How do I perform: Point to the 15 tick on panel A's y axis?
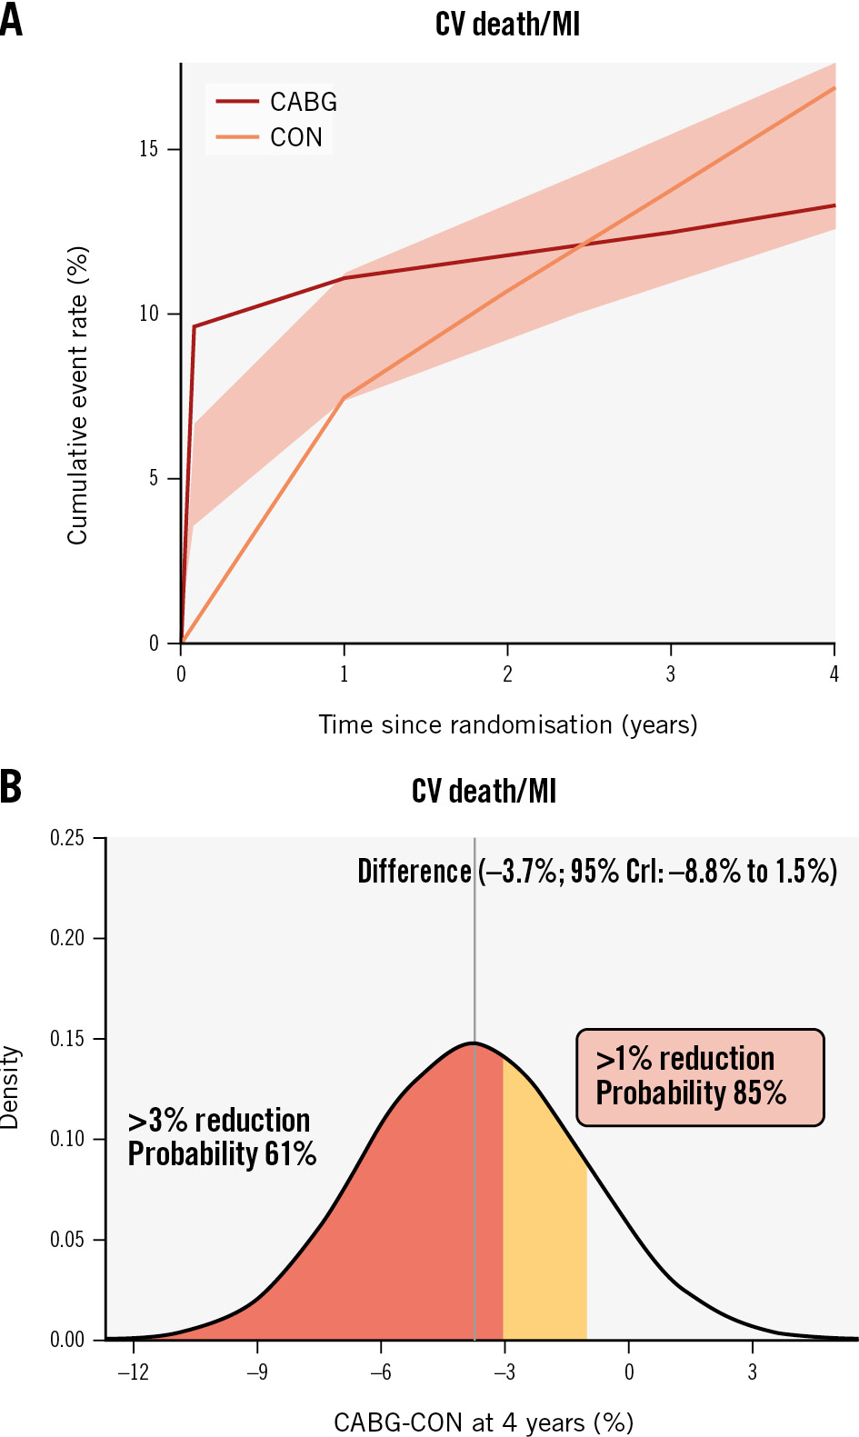point(148,149)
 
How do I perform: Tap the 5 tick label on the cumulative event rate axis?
point(154,478)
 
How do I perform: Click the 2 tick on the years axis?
point(507,674)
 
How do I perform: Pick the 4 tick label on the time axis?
point(834,674)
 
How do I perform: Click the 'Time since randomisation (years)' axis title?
point(507,724)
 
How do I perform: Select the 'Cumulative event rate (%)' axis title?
point(77,395)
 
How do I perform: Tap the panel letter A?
point(11,20)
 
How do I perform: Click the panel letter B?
point(11,787)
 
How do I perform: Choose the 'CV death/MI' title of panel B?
point(484,791)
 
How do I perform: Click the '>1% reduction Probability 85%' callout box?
point(700,1077)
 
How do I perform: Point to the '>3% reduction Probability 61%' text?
point(222,1137)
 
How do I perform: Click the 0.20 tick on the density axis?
point(67,938)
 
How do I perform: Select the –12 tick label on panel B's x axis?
point(133,1372)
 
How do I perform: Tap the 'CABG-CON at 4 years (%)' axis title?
point(483,1422)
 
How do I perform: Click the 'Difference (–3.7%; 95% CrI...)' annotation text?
point(596,872)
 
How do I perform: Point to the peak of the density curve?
point(474,1043)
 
